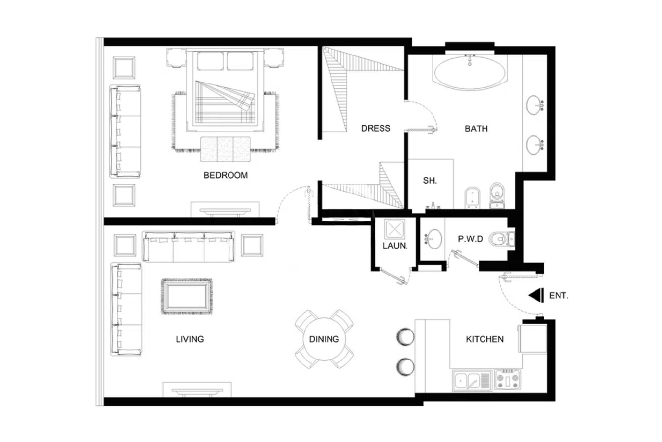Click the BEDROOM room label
(x=226, y=175)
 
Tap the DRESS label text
(x=376, y=128)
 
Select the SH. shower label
(x=430, y=181)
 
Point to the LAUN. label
(x=395, y=246)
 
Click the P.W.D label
(x=470, y=239)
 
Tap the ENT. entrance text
(x=559, y=296)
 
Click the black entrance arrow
(x=536, y=296)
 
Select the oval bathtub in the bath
(x=470, y=73)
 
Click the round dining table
(x=324, y=339)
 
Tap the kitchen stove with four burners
(x=508, y=379)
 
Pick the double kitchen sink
(x=472, y=381)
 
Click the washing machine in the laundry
(x=395, y=229)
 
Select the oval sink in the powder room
(x=434, y=239)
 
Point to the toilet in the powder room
(x=502, y=239)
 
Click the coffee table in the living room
(x=186, y=296)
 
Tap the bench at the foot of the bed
(x=225, y=149)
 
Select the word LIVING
(x=189, y=339)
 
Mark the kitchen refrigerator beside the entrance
(x=532, y=338)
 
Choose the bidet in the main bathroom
(x=472, y=197)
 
